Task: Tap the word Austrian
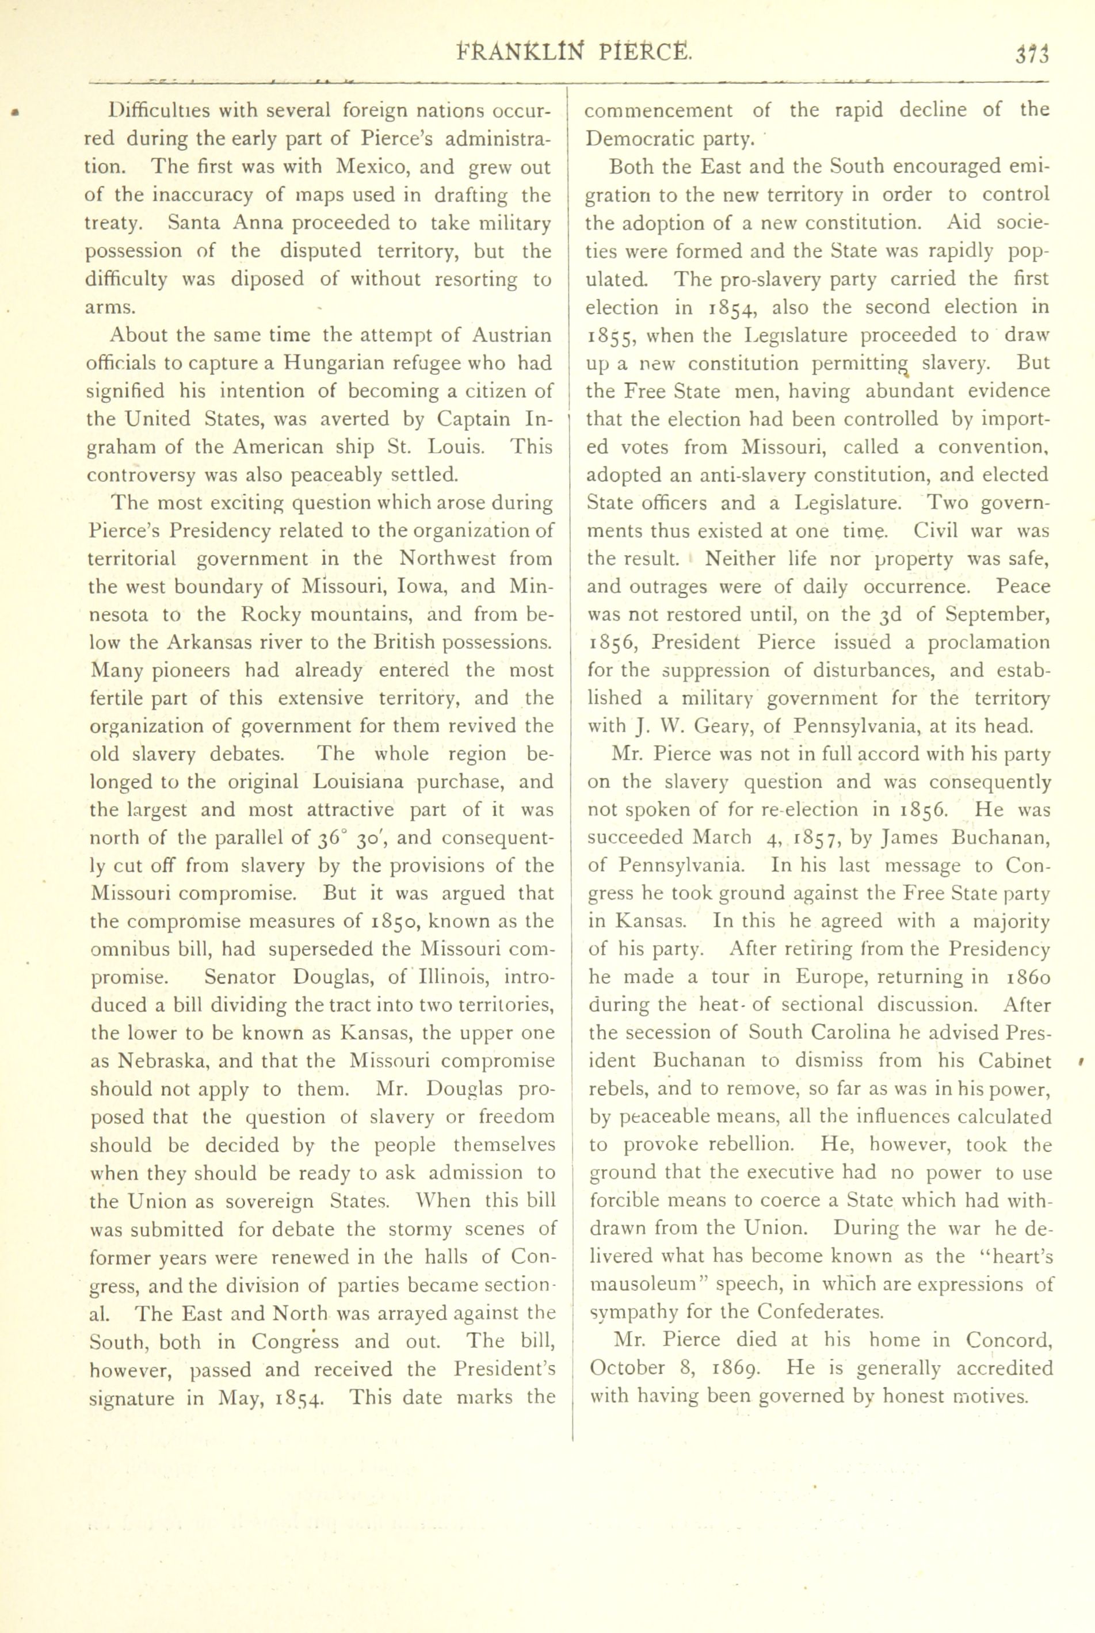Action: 511,335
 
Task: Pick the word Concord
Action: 1009,1341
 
